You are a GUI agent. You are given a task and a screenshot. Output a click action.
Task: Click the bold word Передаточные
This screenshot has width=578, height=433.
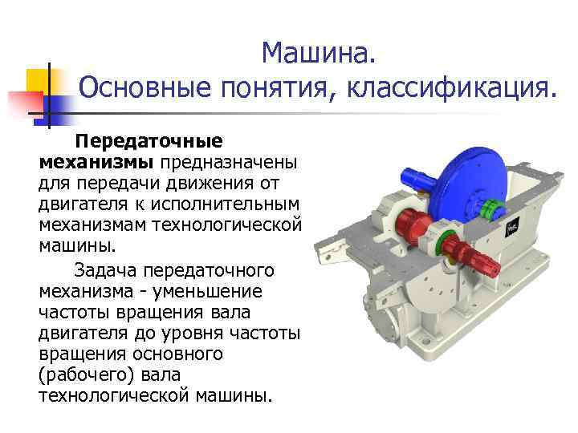click(x=148, y=142)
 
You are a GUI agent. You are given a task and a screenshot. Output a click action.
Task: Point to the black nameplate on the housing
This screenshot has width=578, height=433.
click(x=511, y=227)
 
